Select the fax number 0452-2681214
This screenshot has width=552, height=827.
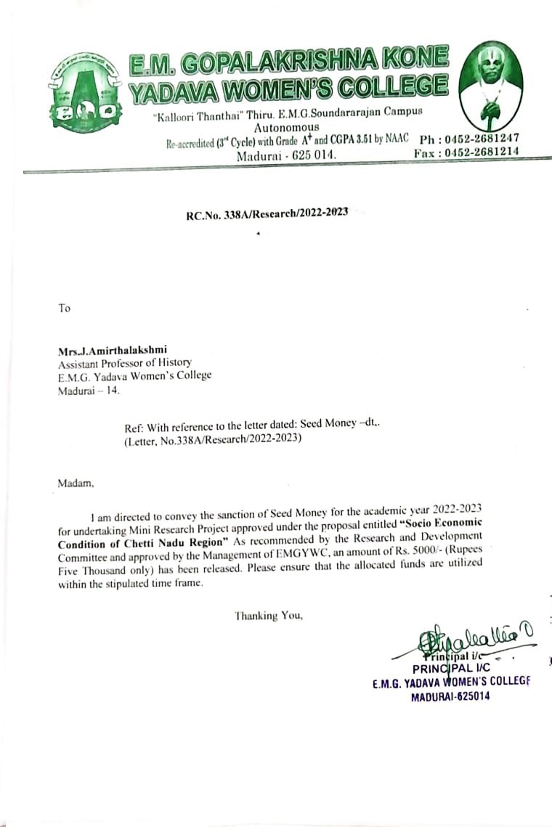[x=480, y=152]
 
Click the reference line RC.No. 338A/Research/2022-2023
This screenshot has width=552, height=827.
[x=267, y=213]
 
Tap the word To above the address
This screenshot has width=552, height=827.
[x=65, y=308]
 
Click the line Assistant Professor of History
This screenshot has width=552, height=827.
[x=125, y=364]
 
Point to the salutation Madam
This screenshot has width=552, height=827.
[x=76, y=481]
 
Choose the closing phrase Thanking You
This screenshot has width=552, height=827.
[x=268, y=616]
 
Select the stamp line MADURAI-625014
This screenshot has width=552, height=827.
[x=450, y=696]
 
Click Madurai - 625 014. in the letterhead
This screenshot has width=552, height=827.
[x=287, y=154]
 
